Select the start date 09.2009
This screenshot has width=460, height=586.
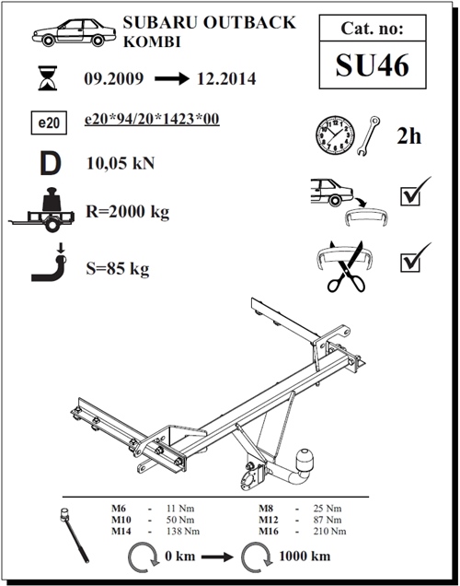pyautogui.click(x=113, y=79)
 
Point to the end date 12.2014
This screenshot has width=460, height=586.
pyautogui.click(x=226, y=79)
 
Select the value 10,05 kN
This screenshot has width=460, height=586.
pyautogui.click(x=120, y=166)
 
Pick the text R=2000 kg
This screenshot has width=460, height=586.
pyautogui.click(x=129, y=212)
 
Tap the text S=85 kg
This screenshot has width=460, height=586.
pyautogui.click(x=117, y=269)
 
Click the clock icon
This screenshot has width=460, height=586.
pyautogui.click(x=335, y=135)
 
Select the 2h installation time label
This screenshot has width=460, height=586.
pyautogui.click(x=408, y=136)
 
